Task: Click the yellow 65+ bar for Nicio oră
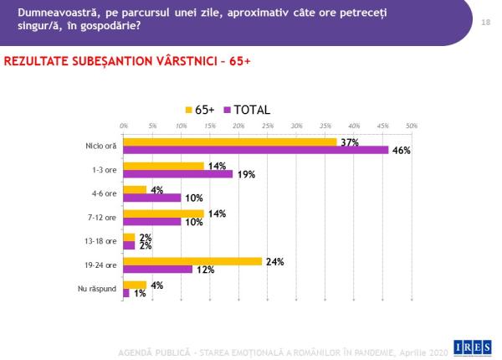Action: click(x=229, y=141)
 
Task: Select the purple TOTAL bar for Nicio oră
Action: click(x=255, y=151)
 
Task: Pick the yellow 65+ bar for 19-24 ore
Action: click(x=192, y=262)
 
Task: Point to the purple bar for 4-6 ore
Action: click(x=151, y=198)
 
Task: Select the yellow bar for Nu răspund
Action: click(x=134, y=285)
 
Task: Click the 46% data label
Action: click(x=402, y=151)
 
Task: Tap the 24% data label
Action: click(x=275, y=262)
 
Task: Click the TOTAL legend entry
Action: click(x=246, y=110)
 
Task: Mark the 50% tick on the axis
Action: click(x=412, y=126)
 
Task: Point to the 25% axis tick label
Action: click(x=268, y=126)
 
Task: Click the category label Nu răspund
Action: click(x=100, y=290)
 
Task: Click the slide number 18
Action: click(x=485, y=22)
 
